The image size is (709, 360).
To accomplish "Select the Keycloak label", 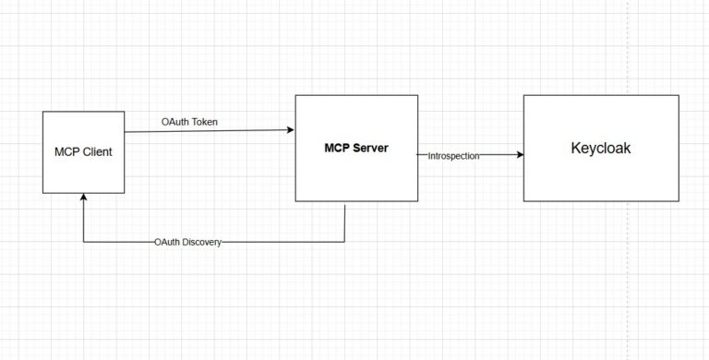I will [601, 148].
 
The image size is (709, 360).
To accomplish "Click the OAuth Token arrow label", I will [189, 121].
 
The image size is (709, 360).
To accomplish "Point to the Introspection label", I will [454, 156].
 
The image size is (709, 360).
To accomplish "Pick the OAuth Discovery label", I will [188, 242].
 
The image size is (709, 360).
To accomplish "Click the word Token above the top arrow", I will [204, 121].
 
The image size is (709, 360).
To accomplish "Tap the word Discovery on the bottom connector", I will [202, 242].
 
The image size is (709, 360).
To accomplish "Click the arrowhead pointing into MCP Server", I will [290, 130].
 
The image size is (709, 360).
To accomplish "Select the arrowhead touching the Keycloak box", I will [519, 155].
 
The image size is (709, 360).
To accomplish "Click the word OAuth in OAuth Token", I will [174, 121].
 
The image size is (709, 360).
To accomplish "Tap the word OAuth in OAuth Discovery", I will [169, 242].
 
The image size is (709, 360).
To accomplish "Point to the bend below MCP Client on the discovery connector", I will [83, 242].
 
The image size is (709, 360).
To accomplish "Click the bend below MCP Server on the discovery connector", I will [344, 242].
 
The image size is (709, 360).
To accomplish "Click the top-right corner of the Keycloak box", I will [679, 95].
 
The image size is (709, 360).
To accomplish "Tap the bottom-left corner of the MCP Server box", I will [295, 200].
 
